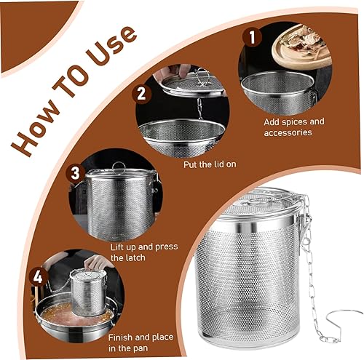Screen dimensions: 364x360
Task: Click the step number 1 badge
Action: pyautogui.click(x=253, y=37)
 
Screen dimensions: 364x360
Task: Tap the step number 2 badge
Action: pyautogui.click(x=141, y=94)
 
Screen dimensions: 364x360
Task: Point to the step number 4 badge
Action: pyautogui.click(x=38, y=276)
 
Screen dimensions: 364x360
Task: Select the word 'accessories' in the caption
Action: pyautogui.click(x=288, y=132)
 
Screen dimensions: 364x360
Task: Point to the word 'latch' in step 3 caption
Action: pyautogui.click(x=132, y=257)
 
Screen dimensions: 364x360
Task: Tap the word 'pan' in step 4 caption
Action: pyautogui.click(x=141, y=348)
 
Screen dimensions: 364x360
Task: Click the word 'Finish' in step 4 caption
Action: pyautogui.click(x=120, y=337)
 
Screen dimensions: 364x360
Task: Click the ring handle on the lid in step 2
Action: pyautogui.click(x=202, y=76)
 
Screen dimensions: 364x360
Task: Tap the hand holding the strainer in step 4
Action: pyautogui.click(x=97, y=263)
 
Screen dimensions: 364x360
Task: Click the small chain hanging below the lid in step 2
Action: pyautogui.click(x=200, y=108)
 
